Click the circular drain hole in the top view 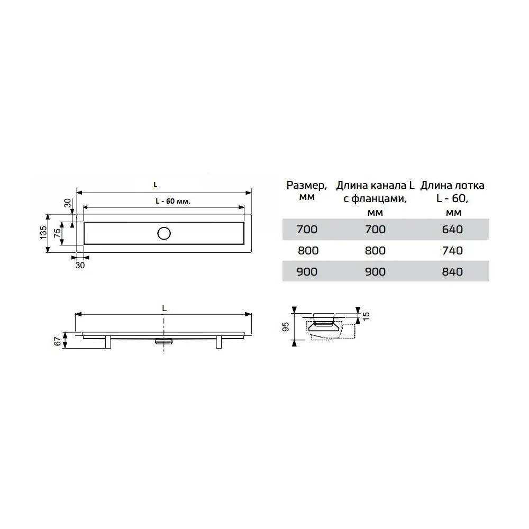coord(164,233)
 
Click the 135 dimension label coord(43,233)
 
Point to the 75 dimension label coord(57,233)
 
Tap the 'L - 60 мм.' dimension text coord(173,201)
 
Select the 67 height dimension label coord(58,341)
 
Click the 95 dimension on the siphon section coord(286,326)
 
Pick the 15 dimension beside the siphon coord(366,316)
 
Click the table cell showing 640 coord(452,230)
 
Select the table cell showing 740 coord(452,251)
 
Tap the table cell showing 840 coord(452,271)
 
